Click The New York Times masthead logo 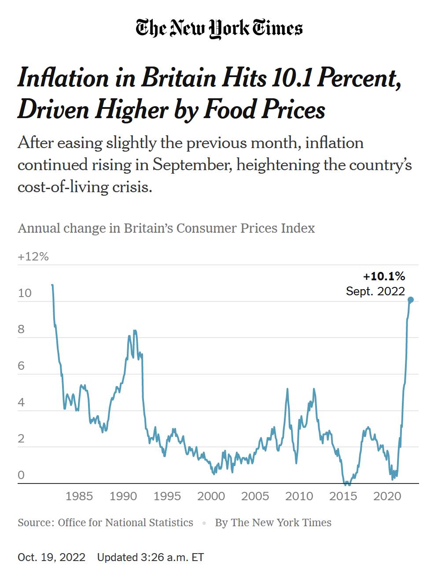point(219,28)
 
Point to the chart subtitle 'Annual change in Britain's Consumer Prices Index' point(166,228)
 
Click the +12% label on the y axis point(33,257)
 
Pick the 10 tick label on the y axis point(25,293)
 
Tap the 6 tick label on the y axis point(21,366)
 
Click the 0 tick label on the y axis point(21,476)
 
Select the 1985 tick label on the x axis point(79,496)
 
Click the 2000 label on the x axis point(211,496)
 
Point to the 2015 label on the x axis point(343,496)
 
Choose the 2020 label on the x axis point(387,496)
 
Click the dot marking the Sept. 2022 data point point(411,300)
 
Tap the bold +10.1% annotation point(384,276)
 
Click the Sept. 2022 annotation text point(375,291)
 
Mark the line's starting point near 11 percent point(52,285)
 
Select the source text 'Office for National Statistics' point(125,523)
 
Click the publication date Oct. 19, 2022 point(52,558)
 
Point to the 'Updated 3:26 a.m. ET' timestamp point(151,558)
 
